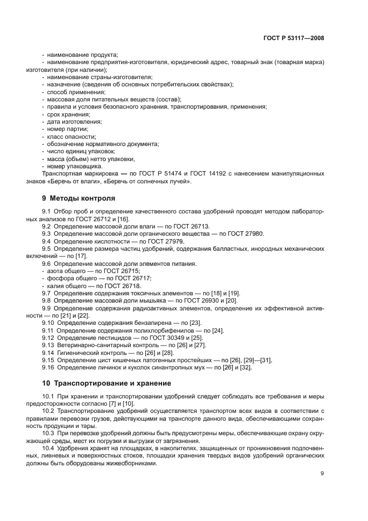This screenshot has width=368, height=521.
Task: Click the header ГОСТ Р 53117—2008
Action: point(293,38)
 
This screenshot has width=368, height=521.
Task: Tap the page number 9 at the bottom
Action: point(322,474)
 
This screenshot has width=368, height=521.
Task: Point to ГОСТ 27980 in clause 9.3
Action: point(246,233)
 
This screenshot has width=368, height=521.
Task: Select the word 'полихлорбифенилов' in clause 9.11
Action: point(160,330)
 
